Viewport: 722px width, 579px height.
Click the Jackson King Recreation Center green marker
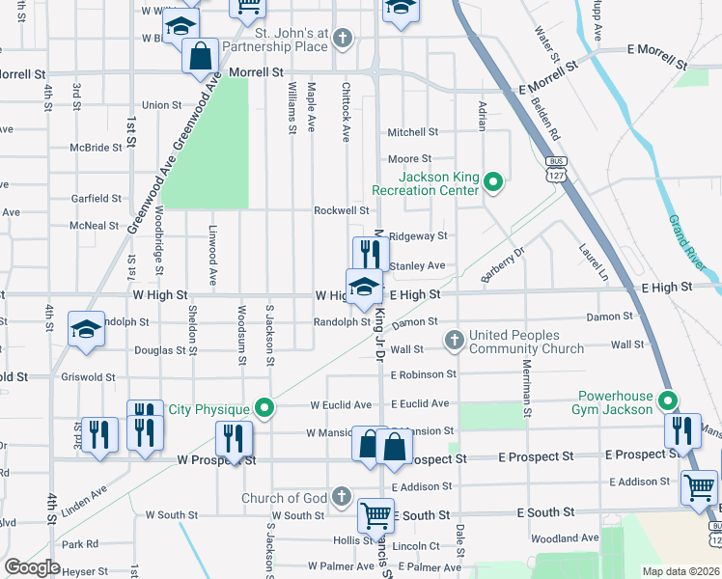click(x=493, y=180)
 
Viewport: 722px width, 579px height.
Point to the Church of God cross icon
click(x=340, y=497)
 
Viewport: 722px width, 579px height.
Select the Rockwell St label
click(x=341, y=210)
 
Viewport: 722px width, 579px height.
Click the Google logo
click(x=33, y=567)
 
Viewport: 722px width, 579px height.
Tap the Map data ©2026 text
click(x=680, y=570)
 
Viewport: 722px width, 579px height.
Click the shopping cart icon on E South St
click(x=375, y=514)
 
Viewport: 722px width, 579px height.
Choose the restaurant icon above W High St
click(x=370, y=253)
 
